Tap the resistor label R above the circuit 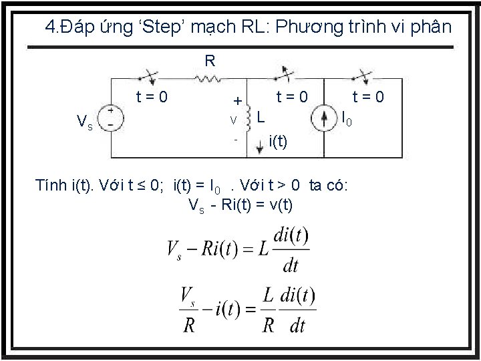[209, 62]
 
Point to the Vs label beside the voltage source [85, 122]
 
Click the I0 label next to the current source [346, 120]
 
